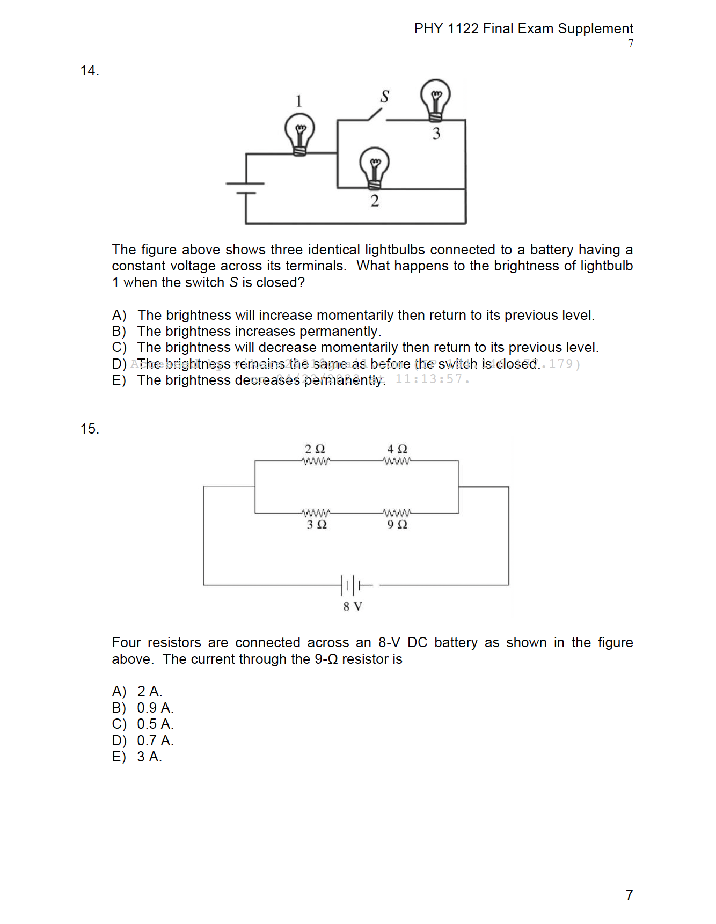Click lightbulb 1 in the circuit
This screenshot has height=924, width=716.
coord(299,135)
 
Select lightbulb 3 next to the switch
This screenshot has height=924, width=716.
coord(435,99)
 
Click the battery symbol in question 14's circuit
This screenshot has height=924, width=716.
coord(245,188)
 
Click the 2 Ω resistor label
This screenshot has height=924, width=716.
coord(315,449)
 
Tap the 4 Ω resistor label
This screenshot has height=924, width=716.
coord(397,449)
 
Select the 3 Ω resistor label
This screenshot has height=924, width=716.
coord(317,524)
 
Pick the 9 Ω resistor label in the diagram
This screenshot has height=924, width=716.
coord(397,524)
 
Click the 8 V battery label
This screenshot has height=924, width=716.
coord(353,606)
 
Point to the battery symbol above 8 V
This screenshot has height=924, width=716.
coord(352,585)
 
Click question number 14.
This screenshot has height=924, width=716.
coord(90,70)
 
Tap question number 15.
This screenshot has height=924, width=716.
coord(90,429)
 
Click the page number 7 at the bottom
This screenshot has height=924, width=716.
coord(629,895)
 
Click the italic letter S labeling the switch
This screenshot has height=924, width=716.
coord(385,97)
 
